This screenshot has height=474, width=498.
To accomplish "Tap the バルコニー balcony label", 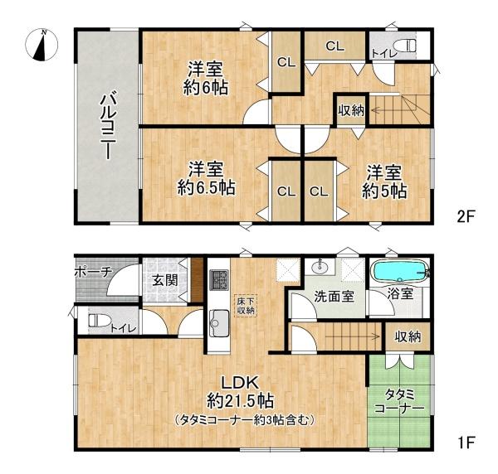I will pyautogui.click(x=107, y=127).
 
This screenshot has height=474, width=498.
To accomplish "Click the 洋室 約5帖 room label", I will pyautogui.click(x=383, y=181).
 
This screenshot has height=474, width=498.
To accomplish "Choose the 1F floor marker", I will pyautogui.click(x=465, y=442).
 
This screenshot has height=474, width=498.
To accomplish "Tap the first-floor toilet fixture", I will pyautogui.click(x=94, y=318).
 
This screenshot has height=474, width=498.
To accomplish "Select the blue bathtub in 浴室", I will pyautogui.click(x=398, y=273).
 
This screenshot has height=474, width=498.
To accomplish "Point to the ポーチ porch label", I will pyautogui.click(x=93, y=272).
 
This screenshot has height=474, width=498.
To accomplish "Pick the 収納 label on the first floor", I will pyautogui.click(x=408, y=336).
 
